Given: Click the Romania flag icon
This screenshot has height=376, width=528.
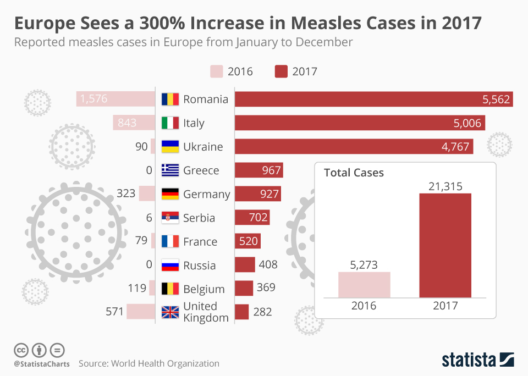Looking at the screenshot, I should tap(170, 99).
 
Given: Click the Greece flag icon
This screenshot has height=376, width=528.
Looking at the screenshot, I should tap(170, 170).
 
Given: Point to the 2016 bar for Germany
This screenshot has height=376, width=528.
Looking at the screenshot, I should tap(147, 194).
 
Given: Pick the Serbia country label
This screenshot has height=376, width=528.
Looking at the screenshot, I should tap(199, 218).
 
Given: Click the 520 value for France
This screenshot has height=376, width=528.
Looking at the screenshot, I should tap(248, 241).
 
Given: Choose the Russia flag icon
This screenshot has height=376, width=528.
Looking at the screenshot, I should tap(170, 266).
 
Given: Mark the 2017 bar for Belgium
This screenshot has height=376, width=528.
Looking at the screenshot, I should tap(244, 289).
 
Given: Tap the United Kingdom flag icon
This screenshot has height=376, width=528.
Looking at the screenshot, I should tap(170, 312).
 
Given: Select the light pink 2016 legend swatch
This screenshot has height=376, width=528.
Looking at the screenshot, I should tap(217, 71).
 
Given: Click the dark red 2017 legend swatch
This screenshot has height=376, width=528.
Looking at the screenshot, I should tap(282, 71).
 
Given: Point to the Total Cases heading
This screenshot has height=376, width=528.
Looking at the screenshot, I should tap(354, 173).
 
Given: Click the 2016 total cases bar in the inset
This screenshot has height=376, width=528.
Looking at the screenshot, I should tap(364, 285).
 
